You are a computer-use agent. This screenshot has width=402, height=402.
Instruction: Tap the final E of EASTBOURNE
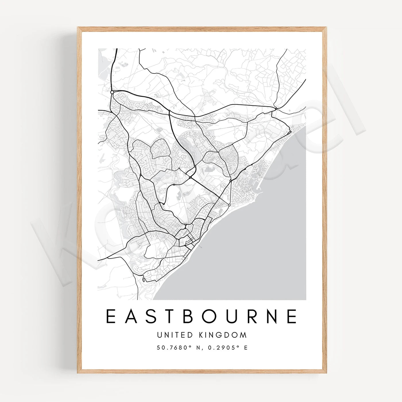coord(292,316)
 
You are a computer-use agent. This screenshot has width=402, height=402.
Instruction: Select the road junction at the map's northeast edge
coord(275,109)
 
